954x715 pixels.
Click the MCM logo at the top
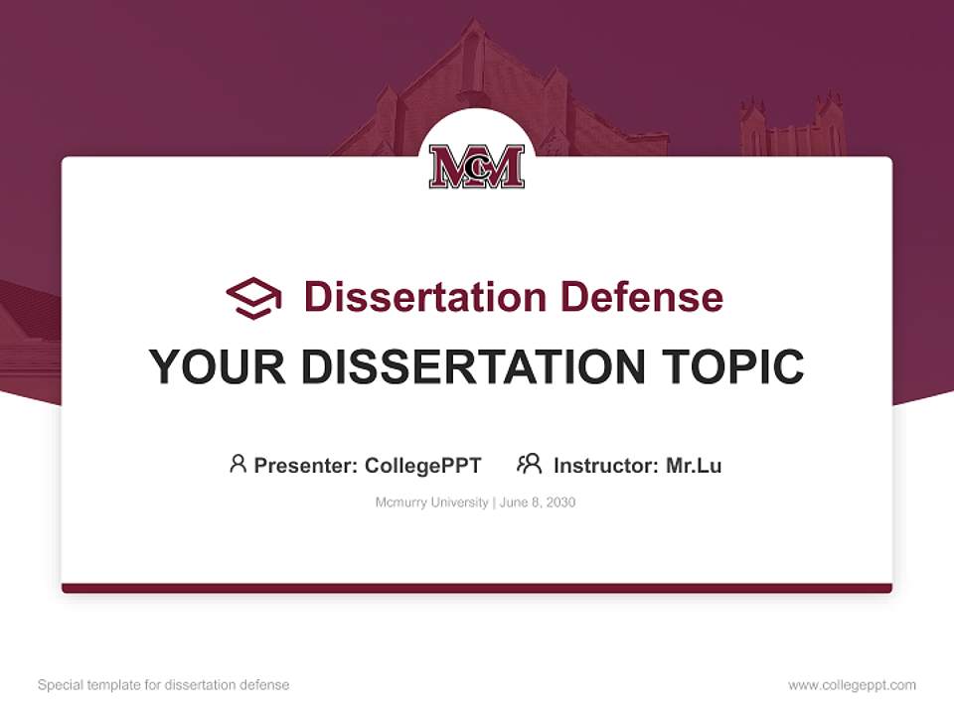pos(477,167)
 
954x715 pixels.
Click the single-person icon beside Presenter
pos(238,464)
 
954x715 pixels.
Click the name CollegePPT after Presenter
pos(423,465)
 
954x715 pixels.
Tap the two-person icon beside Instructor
pos(529,464)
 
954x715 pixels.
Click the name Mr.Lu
pos(694,465)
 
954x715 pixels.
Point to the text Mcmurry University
pos(431,502)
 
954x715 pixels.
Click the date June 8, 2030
pos(538,502)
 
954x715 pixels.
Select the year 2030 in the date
pos(559,502)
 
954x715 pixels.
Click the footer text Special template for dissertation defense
pos(164,685)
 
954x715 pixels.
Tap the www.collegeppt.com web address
pos(852,685)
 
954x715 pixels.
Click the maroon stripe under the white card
pos(477,588)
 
